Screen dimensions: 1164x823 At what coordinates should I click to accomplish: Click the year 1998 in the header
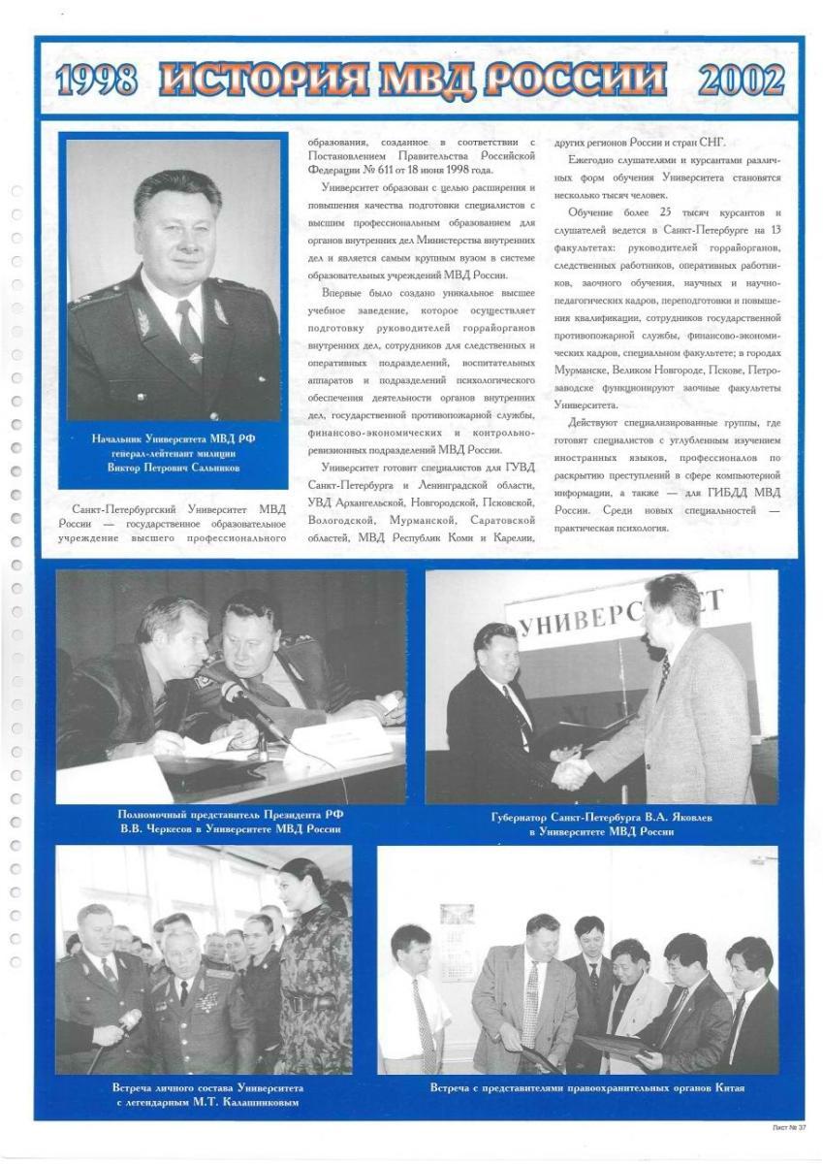(96, 81)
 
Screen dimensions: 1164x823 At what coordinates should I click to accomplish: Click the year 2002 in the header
(741, 81)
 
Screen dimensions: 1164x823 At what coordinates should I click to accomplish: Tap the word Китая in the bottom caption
(723, 1087)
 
